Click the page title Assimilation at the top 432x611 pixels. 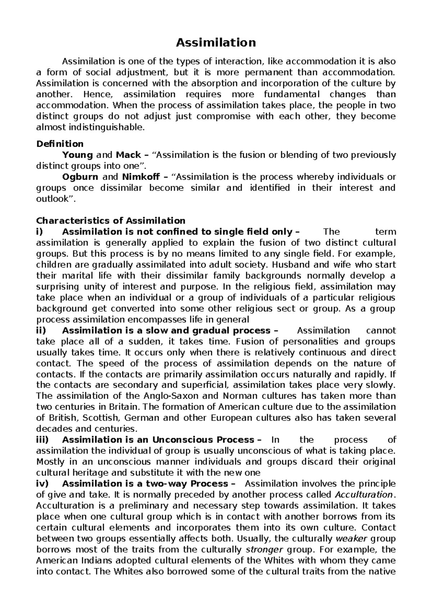tap(216, 43)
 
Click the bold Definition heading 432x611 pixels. tap(60, 144)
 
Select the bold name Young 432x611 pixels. tap(77, 155)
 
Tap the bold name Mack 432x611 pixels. tap(128, 155)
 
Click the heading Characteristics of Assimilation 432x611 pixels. tap(111, 220)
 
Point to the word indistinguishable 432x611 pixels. tap(107, 128)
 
